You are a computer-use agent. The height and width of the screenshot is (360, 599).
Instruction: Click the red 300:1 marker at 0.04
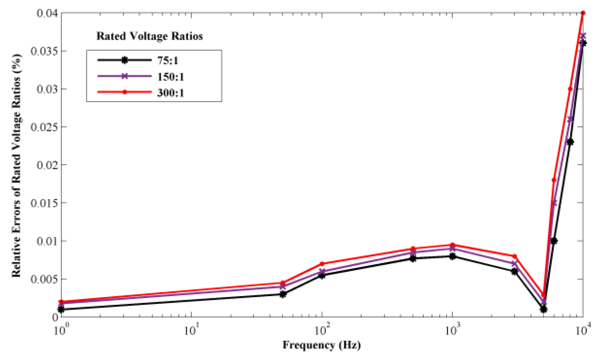[x=583, y=13]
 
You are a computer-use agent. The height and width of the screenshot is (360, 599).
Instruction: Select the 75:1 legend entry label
[x=168, y=60]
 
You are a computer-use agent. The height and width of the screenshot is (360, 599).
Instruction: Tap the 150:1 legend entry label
[x=170, y=77]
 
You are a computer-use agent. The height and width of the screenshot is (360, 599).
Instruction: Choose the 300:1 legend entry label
[x=170, y=93]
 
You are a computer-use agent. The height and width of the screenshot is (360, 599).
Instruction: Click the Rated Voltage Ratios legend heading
[x=150, y=36]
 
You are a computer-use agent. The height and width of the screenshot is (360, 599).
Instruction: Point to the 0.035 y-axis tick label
[x=44, y=51]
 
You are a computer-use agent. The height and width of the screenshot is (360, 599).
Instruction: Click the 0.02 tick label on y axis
[x=47, y=165]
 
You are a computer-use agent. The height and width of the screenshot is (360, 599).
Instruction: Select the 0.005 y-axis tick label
[x=44, y=279]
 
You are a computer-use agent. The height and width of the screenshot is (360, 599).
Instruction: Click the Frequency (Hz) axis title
[x=322, y=345]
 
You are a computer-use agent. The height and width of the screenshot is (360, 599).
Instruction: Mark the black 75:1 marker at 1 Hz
[x=61, y=309]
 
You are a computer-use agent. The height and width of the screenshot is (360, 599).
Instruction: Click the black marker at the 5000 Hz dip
[x=543, y=309]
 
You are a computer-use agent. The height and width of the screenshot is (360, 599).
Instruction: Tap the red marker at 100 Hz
[x=322, y=264]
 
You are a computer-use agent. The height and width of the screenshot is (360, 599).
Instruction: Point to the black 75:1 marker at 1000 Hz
[x=452, y=256]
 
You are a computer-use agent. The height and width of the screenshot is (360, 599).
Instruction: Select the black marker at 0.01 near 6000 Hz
[x=554, y=241]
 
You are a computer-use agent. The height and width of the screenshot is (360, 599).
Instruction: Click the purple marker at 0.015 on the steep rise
[x=554, y=203]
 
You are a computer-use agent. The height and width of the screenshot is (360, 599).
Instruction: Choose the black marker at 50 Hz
[x=283, y=294]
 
